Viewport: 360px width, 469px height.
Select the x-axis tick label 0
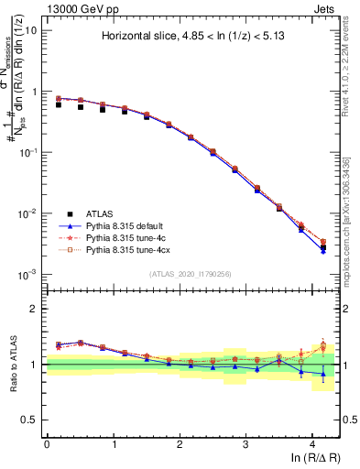(47, 442)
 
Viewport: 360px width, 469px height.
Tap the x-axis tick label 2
(180, 442)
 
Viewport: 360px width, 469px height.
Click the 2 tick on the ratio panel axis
(36, 309)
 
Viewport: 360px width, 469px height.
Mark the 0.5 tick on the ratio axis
(32, 420)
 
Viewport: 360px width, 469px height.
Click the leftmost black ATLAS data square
(59, 104)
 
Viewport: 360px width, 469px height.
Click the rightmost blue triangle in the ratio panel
(323, 374)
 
